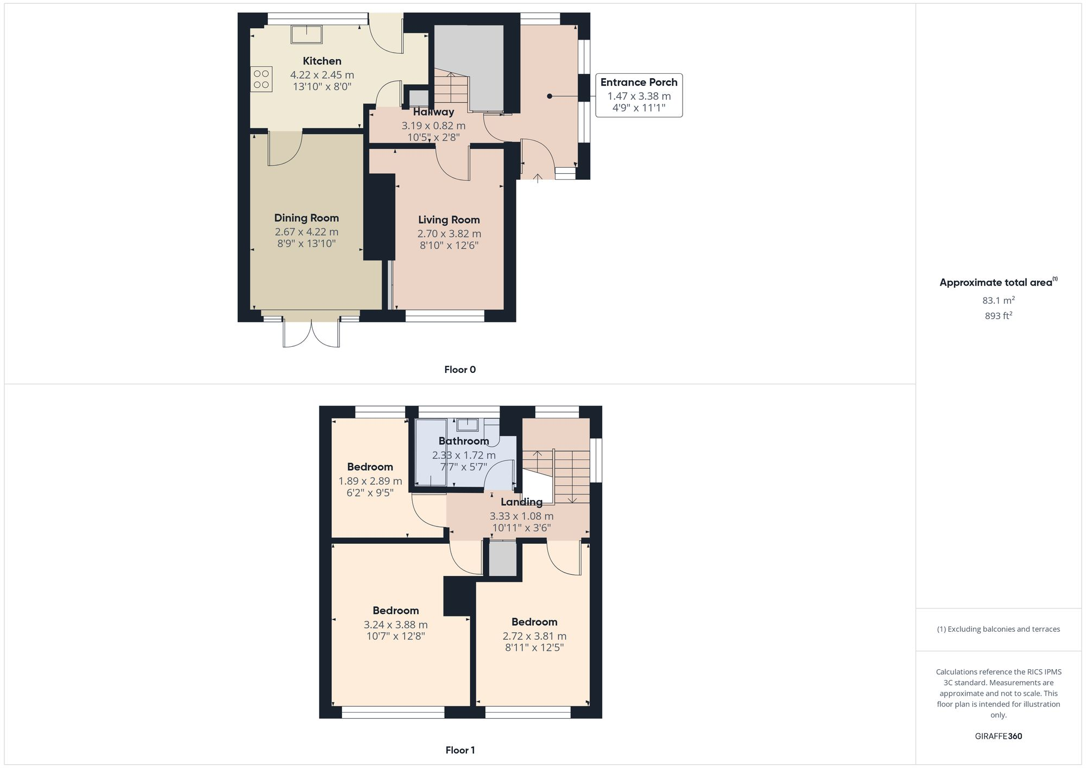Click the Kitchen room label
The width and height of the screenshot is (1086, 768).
tap(322, 61)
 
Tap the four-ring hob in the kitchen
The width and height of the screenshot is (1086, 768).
tap(261, 79)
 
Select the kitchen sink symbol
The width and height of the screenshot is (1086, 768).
tap(306, 34)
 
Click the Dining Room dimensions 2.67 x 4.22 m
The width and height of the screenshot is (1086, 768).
tap(306, 232)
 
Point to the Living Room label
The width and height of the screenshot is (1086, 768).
tap(449, 220)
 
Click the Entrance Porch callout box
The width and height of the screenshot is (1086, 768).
tap(639, 96)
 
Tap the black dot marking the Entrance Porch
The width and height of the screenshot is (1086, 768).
tap(550, 96)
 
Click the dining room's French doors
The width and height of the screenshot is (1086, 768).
tap(311, 332)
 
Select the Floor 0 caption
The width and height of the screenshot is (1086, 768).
tap(460, 370)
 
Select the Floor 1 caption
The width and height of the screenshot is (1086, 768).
tap(460, 750)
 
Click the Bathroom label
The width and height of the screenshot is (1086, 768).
tap(464, 441)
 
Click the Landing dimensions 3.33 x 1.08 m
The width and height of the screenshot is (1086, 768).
tap(521, 516)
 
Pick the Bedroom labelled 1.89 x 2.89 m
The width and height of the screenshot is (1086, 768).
tap(370, 467)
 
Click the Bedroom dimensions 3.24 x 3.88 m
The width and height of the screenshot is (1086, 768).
tap(395, 625)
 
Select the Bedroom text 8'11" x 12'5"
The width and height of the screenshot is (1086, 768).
tap(534, 648)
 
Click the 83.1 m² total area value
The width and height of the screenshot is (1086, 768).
tap(998, 300)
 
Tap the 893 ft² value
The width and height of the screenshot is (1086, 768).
tap(998, 315)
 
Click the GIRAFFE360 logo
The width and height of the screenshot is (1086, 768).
tap(998, 737)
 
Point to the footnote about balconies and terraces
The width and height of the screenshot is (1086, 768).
tap(998, 629)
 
